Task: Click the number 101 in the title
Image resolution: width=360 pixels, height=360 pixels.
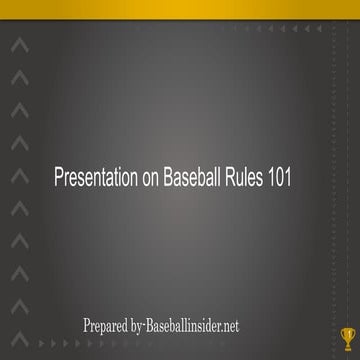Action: point(285,177)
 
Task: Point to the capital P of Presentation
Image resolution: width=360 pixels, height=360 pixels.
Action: point(57,177)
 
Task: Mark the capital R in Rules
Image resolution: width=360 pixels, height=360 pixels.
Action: point(230,177)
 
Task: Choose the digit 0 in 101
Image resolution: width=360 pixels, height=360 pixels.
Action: point(285,177)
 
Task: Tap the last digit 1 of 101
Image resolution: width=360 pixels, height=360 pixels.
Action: point(294,177)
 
